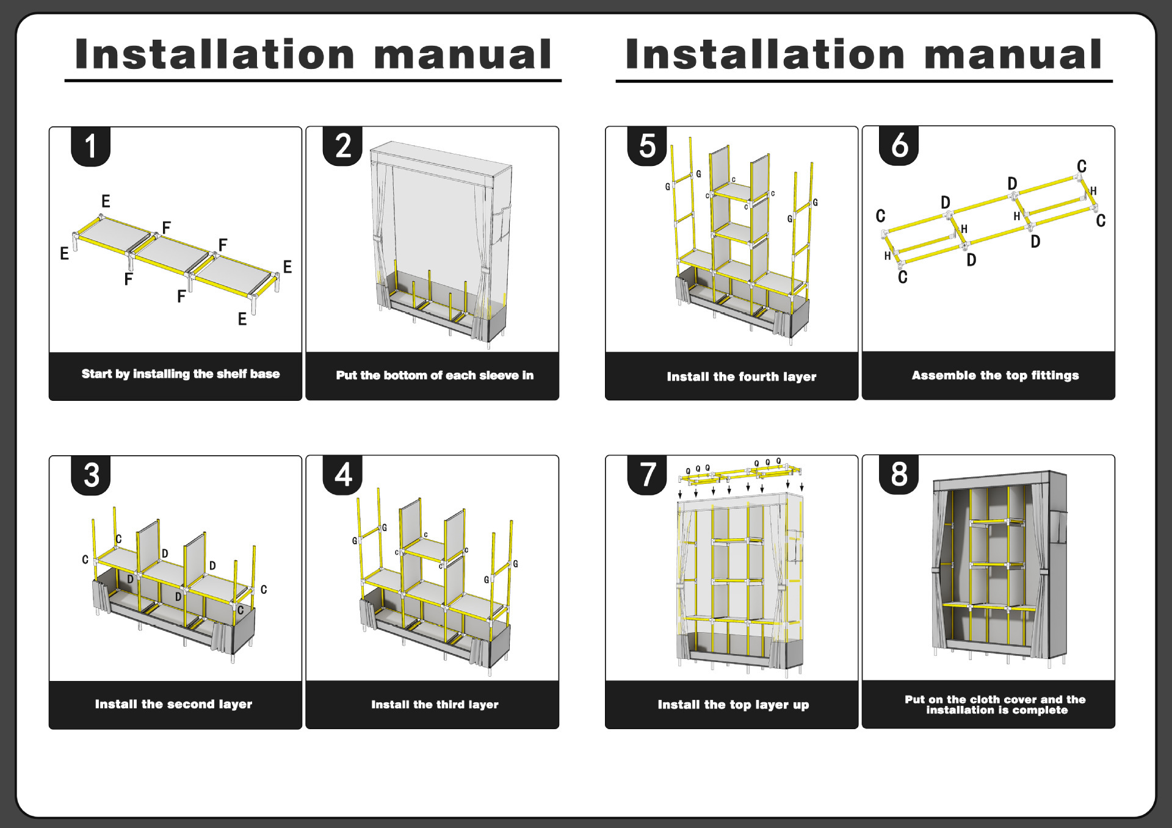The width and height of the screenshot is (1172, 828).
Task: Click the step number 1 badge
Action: click(91, 146)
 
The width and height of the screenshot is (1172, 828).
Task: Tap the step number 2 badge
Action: click(343, 146)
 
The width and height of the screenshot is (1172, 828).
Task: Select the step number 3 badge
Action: click(91, 475)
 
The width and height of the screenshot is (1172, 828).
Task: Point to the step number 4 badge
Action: click(343, 475)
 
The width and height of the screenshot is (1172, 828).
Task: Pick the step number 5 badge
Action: click(647, 146)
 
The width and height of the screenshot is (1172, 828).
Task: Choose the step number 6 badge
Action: click(899, 146)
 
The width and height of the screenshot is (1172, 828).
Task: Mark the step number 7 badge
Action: click(647, 475)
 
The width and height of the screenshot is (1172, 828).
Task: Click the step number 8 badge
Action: click(899, 475)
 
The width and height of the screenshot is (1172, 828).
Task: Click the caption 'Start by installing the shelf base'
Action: click(181, 374)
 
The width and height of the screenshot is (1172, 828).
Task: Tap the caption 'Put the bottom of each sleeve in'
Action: click(435, 375)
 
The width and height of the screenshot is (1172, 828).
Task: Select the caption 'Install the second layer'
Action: click(173, 704)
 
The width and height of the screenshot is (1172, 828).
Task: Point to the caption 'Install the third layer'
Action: click(435, 705)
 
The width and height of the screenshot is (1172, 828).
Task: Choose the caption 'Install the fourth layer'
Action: click(741, 376)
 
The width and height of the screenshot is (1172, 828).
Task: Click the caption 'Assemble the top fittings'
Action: click(995, 375)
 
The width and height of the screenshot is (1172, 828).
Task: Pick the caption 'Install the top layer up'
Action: click(733, 705)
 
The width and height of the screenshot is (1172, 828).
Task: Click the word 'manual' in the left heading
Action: click(463, 55)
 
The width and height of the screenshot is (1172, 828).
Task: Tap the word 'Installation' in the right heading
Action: click(765, 55)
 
